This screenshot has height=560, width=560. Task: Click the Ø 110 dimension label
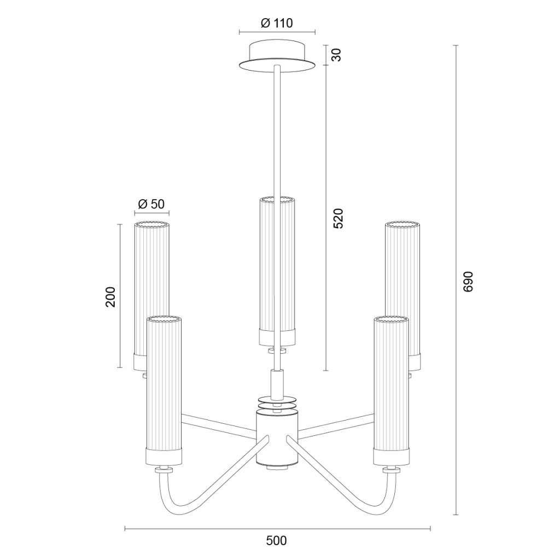[277, 23]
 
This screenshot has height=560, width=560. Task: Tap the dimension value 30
[336, 55]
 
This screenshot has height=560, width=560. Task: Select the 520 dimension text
[338, 218]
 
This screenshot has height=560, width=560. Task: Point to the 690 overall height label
[468, 282]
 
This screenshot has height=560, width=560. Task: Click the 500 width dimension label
[276, 541]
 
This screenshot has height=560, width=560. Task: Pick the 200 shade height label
[110, 297]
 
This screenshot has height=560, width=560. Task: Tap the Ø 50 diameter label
[151, 204]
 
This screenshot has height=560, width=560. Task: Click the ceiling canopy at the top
[277, 57]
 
